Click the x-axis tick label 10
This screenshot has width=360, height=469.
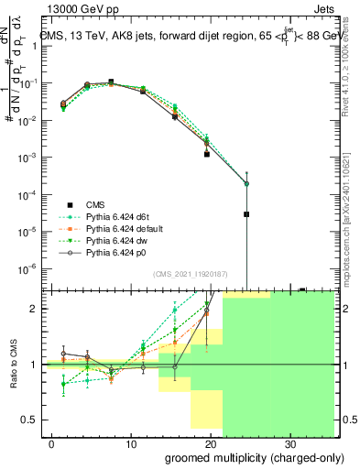coord(130,443)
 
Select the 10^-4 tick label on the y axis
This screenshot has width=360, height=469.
coord(28,194)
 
